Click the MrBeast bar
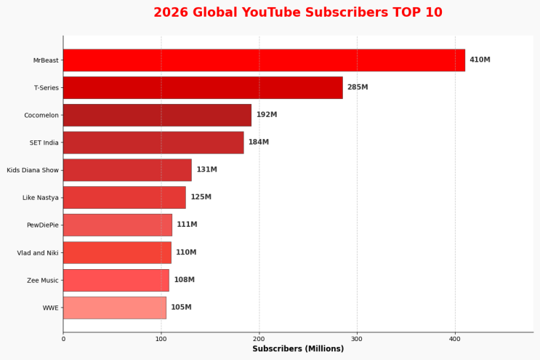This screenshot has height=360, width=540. (x=264, y=60)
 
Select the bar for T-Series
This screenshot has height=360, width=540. (x=203, y=88)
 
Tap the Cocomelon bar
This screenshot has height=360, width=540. (x=158, y=115)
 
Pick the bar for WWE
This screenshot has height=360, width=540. (x=115, y=308)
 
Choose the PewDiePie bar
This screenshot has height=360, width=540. (x=118, y=225)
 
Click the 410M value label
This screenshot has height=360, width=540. (x=480, y=60)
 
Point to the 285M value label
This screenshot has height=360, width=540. (x=358, y=87)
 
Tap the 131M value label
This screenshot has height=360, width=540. (x=206, y=169)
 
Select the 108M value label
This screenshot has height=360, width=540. (x=185, y=280)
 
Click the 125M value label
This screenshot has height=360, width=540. (x=201, y=197)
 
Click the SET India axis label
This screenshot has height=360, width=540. (x=44, y=143)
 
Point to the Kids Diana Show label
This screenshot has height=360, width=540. (x=33, y=170)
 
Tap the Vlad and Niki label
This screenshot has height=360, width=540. (x=38, y=253)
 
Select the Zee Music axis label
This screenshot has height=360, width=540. (x=43, y=281)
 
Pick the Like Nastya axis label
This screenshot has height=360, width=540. (x=41, y=198)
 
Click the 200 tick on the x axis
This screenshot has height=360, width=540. (x=259, y=339)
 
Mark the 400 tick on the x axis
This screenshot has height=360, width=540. (x=455, y=339)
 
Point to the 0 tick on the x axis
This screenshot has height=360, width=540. (x=63, y=339)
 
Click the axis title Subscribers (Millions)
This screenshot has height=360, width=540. (x=298, y=349)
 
